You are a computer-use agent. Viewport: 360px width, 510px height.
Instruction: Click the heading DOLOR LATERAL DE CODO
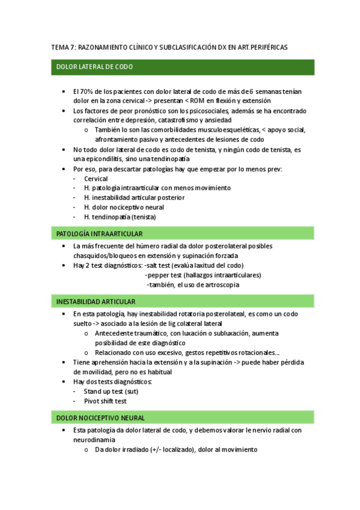[94, 67]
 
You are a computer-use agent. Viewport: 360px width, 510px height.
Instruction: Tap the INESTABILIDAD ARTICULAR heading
[96, 301]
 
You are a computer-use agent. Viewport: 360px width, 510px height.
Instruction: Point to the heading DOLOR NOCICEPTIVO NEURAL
[100, 417]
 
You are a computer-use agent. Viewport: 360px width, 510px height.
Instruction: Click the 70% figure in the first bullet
[88, 91]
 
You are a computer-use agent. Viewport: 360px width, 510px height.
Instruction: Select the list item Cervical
[96, 179]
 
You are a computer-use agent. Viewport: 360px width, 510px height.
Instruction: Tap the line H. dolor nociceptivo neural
[125, 207]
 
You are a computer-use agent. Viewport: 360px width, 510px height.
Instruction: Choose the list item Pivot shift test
[105, 401]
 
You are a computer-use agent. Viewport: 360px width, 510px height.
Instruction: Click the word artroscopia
[219, 284]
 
